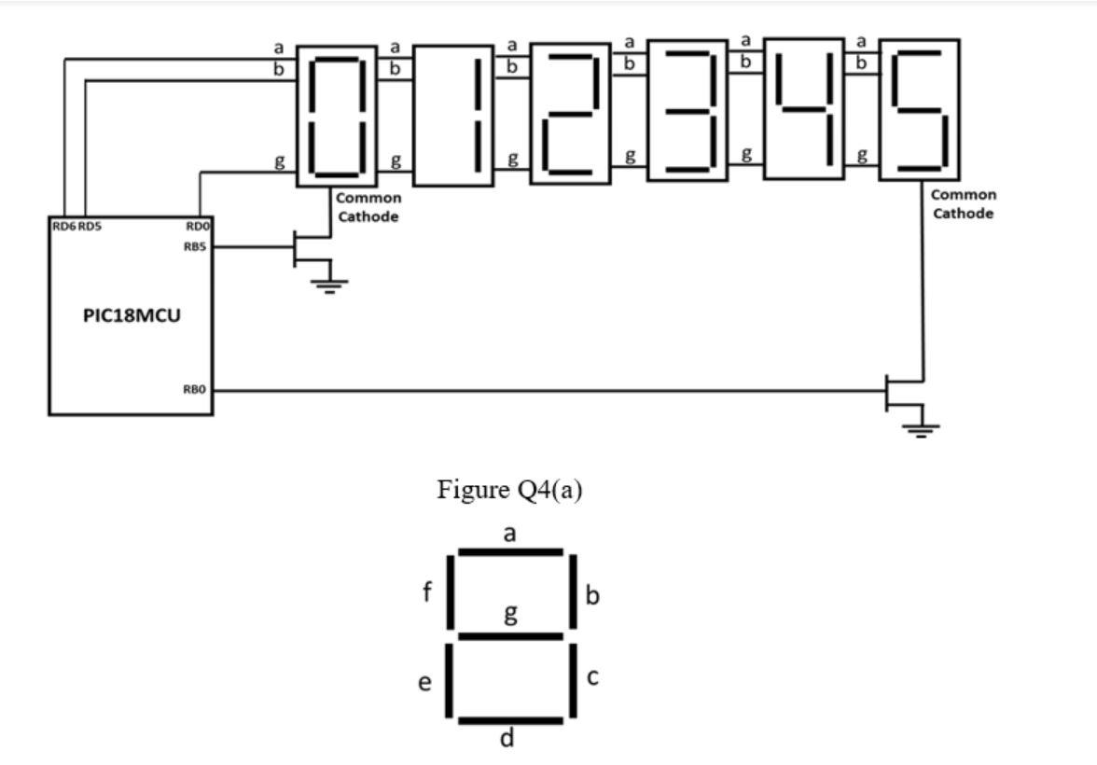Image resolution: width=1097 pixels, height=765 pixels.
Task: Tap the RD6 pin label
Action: (62, 226)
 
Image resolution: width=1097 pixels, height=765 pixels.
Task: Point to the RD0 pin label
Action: (198, 226)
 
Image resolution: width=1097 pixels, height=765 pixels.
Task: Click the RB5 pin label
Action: (197, 246)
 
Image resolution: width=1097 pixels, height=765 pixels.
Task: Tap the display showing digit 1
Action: (453, 117)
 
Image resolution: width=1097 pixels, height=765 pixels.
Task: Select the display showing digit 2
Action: (570, 115)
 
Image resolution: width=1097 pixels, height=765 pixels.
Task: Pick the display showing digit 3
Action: (687, 110)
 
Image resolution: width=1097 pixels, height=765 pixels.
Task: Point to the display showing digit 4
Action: (803, 108)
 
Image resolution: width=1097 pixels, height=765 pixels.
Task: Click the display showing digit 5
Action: (920, 110)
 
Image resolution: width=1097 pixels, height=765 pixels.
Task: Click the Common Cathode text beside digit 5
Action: (964, 204)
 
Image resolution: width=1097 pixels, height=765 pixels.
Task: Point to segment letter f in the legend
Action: (427, 591)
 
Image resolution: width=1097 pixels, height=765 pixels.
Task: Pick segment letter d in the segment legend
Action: (507, 739)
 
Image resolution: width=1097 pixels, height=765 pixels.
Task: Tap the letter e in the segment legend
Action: (424, 683)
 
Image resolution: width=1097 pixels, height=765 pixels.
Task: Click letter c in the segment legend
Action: (592, 677)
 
